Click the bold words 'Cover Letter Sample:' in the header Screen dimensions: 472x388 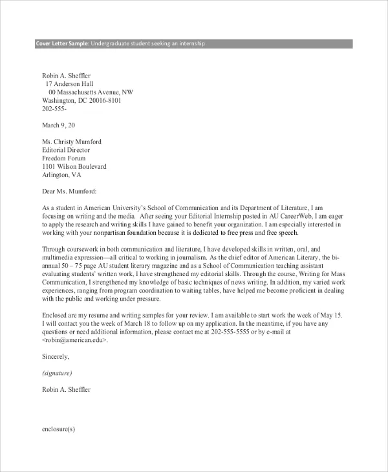(61, 43)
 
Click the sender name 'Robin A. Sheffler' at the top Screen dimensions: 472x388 (67, 76)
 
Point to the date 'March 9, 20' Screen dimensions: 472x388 (58, 125)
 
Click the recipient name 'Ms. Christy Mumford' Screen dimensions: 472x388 (72, 142)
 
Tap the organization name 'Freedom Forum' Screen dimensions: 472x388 (65, 158)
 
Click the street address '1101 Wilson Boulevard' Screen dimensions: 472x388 (74, 167)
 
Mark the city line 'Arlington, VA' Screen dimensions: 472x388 (62, 175)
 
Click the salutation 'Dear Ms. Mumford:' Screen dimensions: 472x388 (69, 191)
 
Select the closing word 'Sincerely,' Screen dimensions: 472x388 (55, 356)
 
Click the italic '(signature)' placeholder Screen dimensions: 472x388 (57, 373)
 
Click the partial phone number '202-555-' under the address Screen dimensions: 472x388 (55, 109)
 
